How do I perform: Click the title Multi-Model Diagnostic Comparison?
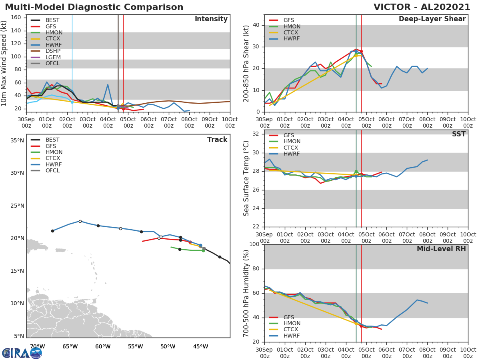coord(94,7)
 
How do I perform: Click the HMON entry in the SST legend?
coord(292,142)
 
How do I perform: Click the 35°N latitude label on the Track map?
coord(17,140)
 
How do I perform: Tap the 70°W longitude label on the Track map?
coord(37,346)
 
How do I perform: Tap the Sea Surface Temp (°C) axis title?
coord(246,178)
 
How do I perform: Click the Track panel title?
coord(217,140)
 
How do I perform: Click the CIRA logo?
coord(22,353)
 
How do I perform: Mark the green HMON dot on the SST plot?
coord(356,172)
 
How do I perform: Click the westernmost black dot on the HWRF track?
coord(52,231)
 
